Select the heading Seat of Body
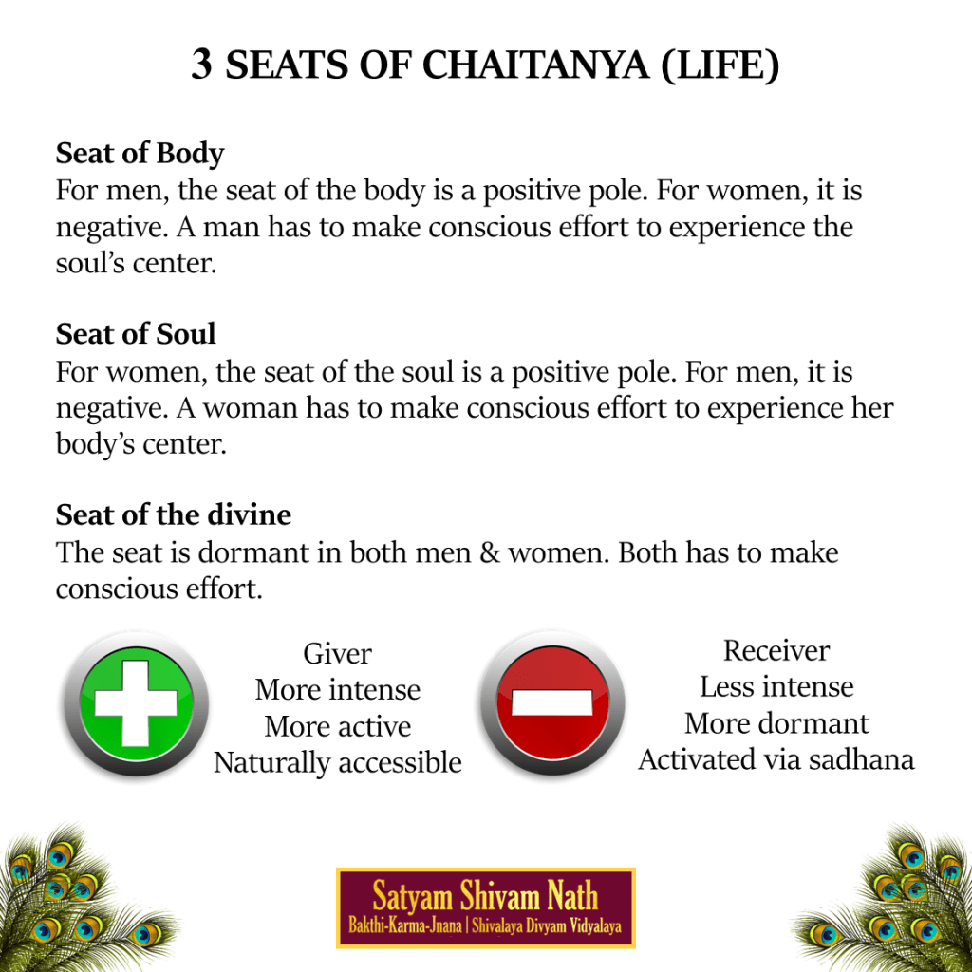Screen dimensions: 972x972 tap(140, 153)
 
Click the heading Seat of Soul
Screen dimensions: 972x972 tap(136, 333)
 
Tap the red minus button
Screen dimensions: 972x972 tap(551, 703)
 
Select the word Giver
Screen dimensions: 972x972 tap(337, 653)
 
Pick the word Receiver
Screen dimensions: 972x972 tap(776, 650)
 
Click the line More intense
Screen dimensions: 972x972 tap(337, 689)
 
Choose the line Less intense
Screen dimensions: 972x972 tap(776, 686)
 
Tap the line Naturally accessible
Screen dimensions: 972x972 tap(337, 762)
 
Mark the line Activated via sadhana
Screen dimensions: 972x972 tap(776, 759)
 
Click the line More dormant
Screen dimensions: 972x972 tap(776, 723)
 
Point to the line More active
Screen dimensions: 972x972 tap(337, 726)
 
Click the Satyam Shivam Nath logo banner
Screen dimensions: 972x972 tap(485, 907)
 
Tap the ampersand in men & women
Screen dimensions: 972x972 tap(490, 552)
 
